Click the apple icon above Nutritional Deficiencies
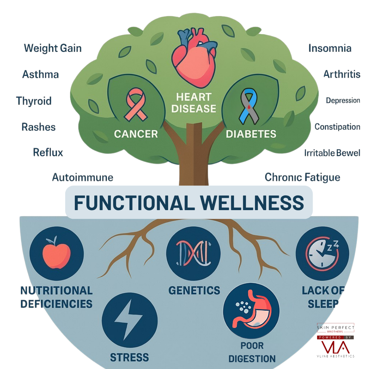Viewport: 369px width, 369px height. [x=56, y=253]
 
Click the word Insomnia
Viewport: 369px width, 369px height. [x=330, y=48]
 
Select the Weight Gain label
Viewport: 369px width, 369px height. [x=53, y=48]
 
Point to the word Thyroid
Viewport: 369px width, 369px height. [x=34, y=101]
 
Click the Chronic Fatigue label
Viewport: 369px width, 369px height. [x=302, y=177]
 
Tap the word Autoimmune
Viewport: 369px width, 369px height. [x=82, y=177]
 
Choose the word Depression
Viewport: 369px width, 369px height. [x=343, y=100]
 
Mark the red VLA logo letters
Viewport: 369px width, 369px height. [x=336, y=347]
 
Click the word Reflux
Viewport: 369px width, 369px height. [x=48, y=152]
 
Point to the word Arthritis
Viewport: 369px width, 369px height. [x=342, y=74]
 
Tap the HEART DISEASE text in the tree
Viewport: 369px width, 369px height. [x=194, y=103]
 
